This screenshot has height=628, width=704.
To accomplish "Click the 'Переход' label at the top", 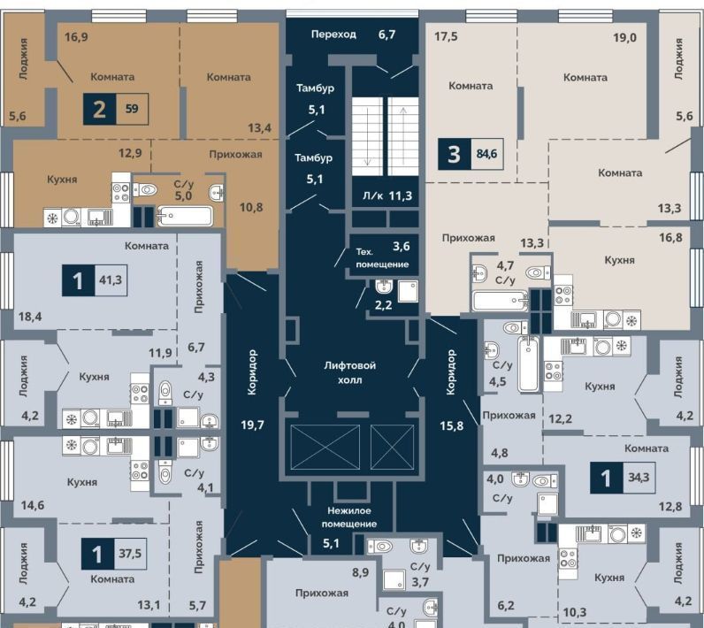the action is (x=333, y=34).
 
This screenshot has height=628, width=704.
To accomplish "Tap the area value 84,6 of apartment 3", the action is (x=486, y=154).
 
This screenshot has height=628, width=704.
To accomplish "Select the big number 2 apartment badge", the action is (x=99, y=109).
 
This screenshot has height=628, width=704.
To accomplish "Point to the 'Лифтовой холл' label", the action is (x=349, y=372).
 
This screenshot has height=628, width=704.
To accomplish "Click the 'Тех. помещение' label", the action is (x=382, y=258).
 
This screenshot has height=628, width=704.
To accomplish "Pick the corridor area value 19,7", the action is (x=252, y=425).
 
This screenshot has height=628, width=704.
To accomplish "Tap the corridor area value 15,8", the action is (x=452, y=425).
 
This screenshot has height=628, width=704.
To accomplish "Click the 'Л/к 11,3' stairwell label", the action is (x=387, y=195).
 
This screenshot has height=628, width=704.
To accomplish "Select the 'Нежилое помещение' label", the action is (x=348, y=517).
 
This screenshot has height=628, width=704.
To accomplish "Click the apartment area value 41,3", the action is (x=111, y=280).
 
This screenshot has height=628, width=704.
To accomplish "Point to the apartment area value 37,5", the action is (x=130, y=553).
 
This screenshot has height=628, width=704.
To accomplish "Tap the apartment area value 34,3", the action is (x=639, y=477).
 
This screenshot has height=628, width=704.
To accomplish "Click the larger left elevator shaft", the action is (x=325, y=447).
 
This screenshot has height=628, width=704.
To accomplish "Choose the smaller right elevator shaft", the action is (x=392, y=447).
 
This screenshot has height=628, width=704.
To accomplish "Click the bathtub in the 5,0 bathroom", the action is (x=184, y=216).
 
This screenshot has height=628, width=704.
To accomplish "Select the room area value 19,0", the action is (x=625, y=37).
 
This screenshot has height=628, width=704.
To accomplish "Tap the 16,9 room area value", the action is (x=76, y=37).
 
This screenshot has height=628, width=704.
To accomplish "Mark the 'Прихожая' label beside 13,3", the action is (x=468, y=238).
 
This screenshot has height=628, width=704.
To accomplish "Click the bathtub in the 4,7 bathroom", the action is (x=501, y=301).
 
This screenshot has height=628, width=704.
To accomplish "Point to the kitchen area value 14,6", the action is (x=33, y=505).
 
